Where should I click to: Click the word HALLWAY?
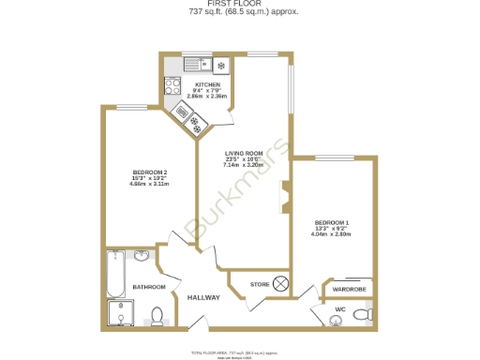pyautogui.click(x=203, y=297)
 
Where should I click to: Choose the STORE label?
pyautogui.click(x=259, y=283)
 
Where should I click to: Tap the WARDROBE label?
pyautogui.click(x=350, y=290)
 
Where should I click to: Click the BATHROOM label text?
pyautogui.click(x=148, y=287)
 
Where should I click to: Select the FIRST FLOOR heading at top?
pyautogui.click(x=241, y=4)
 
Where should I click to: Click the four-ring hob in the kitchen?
pyautogui.click(x=172, y=85)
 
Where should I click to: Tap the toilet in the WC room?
pyautogui.click(x=367, y=312)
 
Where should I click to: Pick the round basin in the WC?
pyautogui.click(x=337, y=320)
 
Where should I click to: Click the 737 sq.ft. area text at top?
pyautogui.click(x=241, y=13)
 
